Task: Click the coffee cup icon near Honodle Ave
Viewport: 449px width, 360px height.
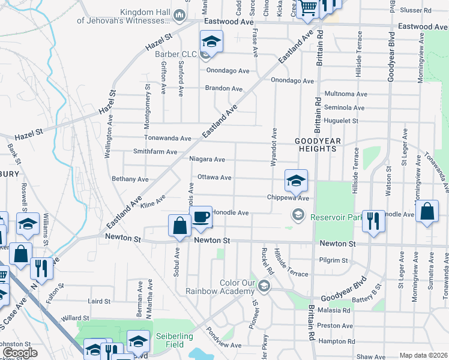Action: click(x=200, y=216)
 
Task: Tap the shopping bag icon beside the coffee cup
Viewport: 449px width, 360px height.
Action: click(x=179, y=226)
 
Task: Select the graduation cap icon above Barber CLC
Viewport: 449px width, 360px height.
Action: click(x=211, y=41)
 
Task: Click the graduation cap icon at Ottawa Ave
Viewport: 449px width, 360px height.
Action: click(x=295, y=180)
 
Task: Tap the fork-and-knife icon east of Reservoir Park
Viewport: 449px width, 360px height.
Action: click(x=373, y=221)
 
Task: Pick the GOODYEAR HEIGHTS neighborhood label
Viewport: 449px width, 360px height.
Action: click(x=318, y=145)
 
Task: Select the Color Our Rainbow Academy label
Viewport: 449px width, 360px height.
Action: click(x=229, y=287)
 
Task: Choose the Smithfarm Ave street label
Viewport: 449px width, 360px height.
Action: click(x=155, y=152)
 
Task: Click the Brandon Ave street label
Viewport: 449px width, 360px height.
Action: click(x=223, y=88)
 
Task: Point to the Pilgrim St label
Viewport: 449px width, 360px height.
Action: click(x=335, y=260)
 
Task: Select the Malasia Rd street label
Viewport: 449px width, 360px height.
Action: click(x=334, y=310)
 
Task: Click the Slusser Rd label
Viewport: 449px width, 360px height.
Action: click(x=415, y=11)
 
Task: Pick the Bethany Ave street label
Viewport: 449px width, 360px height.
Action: click(x=130, y=179)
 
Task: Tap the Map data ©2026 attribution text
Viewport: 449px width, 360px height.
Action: click(x=423, y=355)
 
